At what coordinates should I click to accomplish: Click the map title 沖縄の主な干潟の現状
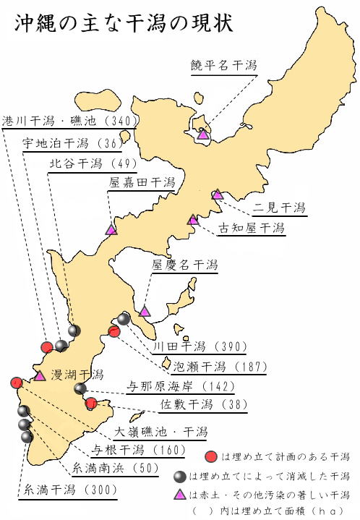point(124,24)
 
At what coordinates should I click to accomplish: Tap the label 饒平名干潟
point(224,65)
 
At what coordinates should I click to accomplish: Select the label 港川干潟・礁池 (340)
point(69,121)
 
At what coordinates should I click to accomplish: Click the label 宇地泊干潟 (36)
point(72,143)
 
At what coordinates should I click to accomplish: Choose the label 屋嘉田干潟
point(142,182)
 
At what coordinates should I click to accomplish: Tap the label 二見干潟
point(279,208)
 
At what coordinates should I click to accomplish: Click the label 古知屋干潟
point(252,228)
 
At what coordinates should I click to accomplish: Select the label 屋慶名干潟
point(184,265)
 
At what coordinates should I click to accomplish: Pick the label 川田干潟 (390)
point(200,346)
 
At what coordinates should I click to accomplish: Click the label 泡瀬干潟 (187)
point(220,367)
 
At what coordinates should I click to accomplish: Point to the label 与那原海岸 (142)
point(181,386)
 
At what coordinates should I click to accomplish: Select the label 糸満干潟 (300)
point(70,490)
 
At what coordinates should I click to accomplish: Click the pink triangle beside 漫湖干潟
point(40,376)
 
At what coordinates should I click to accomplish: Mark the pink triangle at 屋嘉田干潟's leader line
point(111,229)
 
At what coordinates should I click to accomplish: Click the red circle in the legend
point(211,457)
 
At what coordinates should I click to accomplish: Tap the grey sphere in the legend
point(180,477)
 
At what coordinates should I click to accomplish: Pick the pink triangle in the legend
point(180,495)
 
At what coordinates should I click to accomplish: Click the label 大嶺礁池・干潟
point(160,432)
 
